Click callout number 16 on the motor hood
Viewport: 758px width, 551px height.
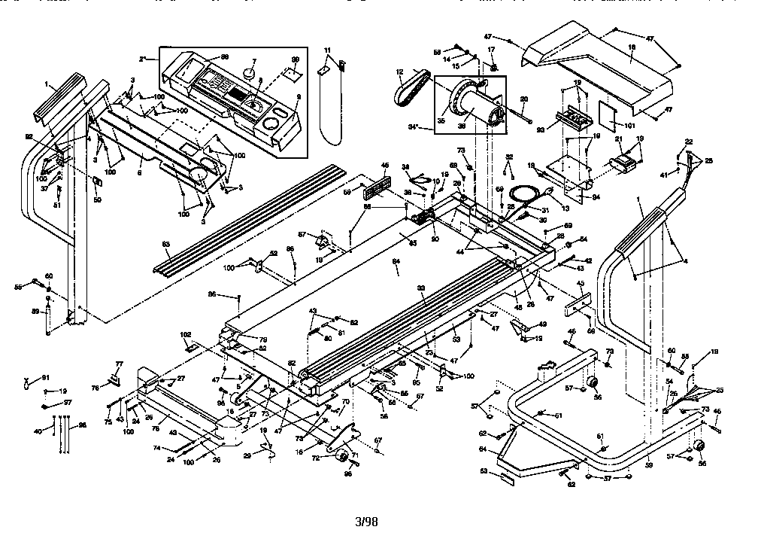(x=632, y=47)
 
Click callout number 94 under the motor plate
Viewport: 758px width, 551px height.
(x=595, y=197)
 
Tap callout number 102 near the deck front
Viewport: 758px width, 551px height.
(x=185, y=334)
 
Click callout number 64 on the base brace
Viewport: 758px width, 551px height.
(x=482, y=449)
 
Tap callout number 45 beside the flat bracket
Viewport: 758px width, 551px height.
(x=580, y=284)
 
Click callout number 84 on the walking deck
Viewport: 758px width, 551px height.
(x=396, y=262)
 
